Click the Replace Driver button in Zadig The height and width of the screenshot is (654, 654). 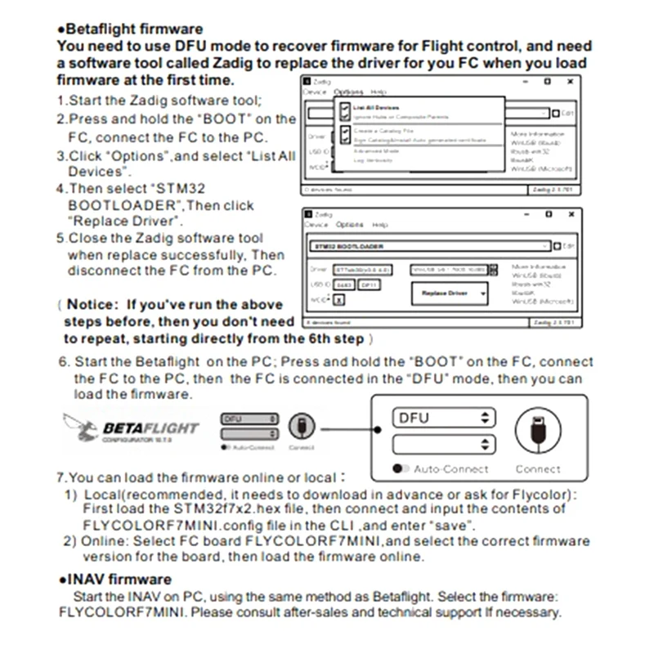pos(448,293)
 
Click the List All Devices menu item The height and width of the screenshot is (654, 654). pos(376,107)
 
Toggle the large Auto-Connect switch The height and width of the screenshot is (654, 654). pos(401,469)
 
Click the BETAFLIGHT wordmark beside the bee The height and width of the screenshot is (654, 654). pos(150,428)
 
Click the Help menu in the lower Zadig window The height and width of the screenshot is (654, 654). pos(380,225)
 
